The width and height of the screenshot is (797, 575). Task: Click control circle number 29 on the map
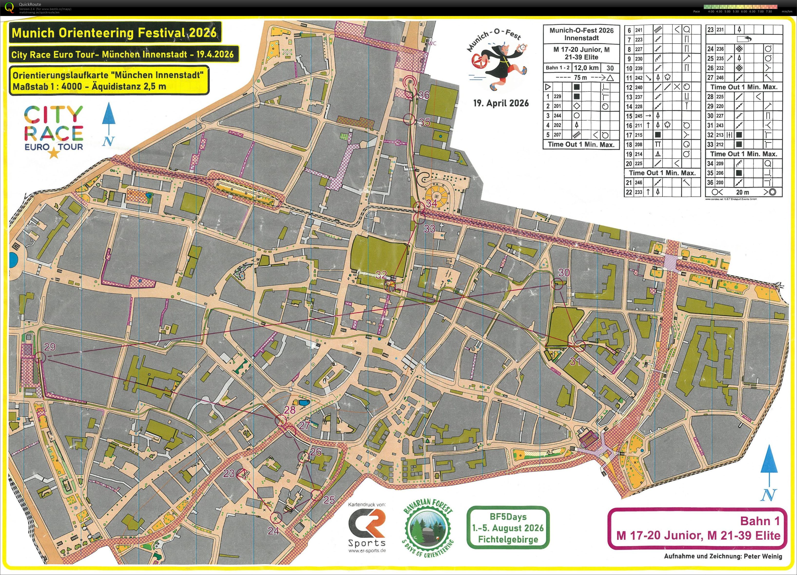pos(40,358)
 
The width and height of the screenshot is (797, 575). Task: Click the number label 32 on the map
pos(381,275)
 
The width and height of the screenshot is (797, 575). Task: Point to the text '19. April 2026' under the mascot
pos(501,103)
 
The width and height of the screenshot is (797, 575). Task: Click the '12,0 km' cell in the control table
pos(586,68)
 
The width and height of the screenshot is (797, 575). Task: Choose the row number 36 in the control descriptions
pos(710,183)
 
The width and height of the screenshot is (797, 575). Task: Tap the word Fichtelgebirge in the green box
pos(508,539)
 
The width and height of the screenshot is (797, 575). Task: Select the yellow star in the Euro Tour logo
pos(53,153)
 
